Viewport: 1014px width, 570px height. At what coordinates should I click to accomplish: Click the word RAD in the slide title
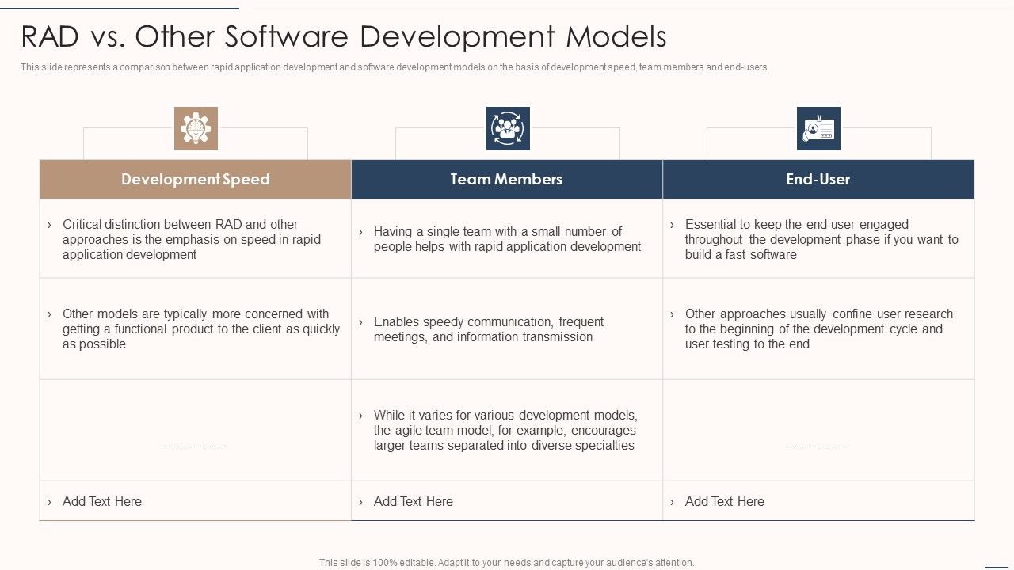[x=49, y=36]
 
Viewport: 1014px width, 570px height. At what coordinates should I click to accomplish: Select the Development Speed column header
[x=195, y=179]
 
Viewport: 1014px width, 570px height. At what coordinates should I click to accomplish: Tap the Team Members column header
[x=506, y=179]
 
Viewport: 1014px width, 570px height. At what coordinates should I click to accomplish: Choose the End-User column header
[x=818, y=179]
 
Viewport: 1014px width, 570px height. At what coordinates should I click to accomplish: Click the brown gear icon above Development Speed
[x=196, y=128]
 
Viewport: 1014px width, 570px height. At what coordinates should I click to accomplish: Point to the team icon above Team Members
[x=508, y=128]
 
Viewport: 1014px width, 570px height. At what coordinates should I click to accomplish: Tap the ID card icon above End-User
[x=818, y=128]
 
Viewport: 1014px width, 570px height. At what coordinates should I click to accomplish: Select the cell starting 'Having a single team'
[x=507, y=239]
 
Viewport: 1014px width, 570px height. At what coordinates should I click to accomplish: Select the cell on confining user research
[x=818, y=329]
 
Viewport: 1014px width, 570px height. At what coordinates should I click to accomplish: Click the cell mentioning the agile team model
[x=505, y=430]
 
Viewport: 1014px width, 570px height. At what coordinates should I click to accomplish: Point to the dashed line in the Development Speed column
[x=196, y=446]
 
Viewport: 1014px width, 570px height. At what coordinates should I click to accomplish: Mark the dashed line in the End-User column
[x=818, y=446]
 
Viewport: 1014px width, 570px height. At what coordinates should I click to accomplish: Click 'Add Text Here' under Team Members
[x=413, y=501]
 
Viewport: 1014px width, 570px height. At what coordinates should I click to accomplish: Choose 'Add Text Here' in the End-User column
[x=724, y=501]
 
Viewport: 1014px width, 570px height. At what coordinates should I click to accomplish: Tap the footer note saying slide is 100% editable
[x=506, y=563]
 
